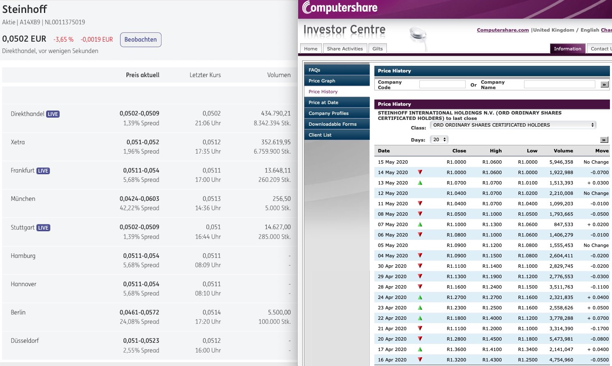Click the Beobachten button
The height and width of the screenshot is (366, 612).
(x=140, y=40)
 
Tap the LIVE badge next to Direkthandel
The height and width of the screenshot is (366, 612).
(x=53, y=114)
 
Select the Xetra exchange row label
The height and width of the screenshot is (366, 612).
(x=18, y=142)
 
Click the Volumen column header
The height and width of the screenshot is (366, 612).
(x=278, y=75)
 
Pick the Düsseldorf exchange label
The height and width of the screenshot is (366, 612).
(x=25, y=341)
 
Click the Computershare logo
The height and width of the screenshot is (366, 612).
(x=340, y=7)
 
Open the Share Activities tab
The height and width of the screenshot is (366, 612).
(x=345, y=49)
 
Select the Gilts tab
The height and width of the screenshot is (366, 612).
(x=377, y=49)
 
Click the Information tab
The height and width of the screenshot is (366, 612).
(x=567, y=49)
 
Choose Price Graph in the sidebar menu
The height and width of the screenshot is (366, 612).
(x=322, y=81)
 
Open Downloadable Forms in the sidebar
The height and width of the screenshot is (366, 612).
(x=332, y=124)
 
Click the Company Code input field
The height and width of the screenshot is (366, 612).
(x=442, y=85)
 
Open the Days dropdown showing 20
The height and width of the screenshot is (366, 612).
(x=439, y=139)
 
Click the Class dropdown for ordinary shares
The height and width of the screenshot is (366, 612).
(x=513, y=125)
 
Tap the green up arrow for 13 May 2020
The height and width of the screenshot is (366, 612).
(x=420, y=183)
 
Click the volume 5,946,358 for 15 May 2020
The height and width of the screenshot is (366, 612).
(x=561, y=162)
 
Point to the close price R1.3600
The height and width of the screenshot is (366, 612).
(x=456, y=349)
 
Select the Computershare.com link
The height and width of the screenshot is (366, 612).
(x=502, y=30)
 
